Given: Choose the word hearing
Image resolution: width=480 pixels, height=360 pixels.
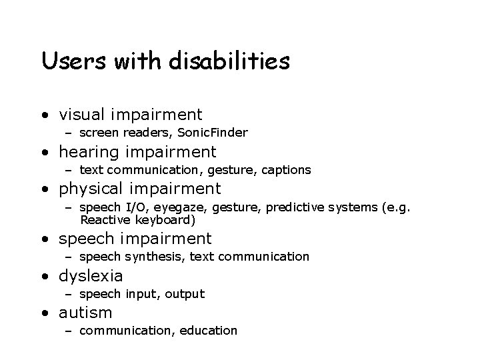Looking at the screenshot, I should [x=89, y=153].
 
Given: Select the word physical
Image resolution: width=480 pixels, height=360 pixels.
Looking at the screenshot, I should [x=93, y=189].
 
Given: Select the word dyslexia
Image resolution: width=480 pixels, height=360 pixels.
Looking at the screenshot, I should [x=91, y=275].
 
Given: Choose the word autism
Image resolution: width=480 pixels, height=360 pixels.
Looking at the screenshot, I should [x=86, y=312].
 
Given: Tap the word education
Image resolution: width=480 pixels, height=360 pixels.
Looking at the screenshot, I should [x=209, y=331].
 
